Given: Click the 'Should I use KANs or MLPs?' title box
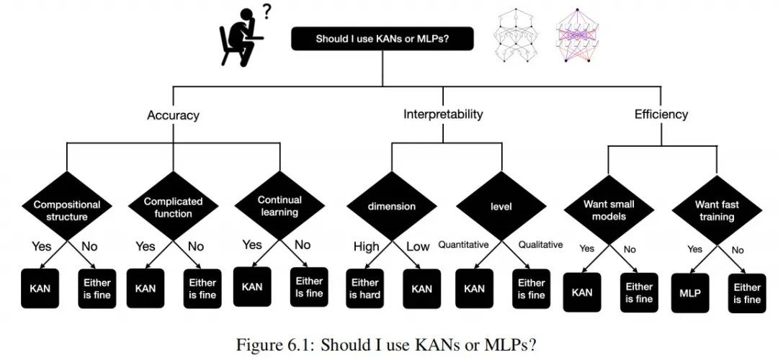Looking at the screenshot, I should coord(383,39).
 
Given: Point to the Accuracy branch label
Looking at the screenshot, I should coord(173,115).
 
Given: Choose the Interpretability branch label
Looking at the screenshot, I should coord(443,114).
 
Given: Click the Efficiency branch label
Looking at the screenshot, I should coord(661,114).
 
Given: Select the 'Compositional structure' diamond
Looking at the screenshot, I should coord(67,210).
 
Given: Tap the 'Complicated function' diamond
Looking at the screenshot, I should coord(173,207).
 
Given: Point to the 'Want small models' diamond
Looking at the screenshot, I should coord(609,210).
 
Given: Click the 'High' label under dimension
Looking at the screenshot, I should coord(366,247).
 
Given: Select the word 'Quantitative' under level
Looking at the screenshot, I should coord(464,245).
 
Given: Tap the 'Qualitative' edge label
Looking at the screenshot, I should coord(540,245).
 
